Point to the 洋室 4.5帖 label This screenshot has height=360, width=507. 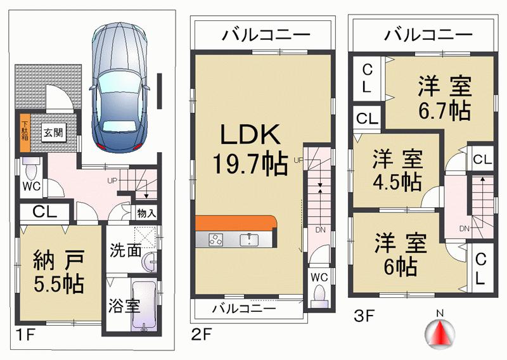396,170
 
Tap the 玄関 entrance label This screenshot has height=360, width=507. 52,133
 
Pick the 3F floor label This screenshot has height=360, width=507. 364,312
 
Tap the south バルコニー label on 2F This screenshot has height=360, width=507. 243,309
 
